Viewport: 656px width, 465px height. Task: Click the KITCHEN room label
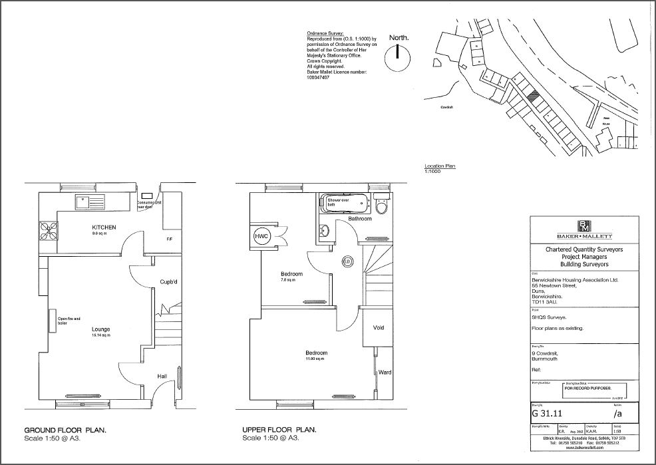tap(104, 228)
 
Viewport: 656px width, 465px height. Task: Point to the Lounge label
tap(101, 329)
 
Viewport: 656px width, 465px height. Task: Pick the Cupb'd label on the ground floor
tap(168, 282)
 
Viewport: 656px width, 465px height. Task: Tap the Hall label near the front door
tap(162, 377)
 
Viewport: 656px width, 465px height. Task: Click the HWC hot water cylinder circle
tap(260, 237)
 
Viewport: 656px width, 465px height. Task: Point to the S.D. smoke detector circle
tap(347, 261)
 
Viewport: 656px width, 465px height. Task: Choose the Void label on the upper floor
tap(379, 328)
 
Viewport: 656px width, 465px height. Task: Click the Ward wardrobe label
tap(385, 373)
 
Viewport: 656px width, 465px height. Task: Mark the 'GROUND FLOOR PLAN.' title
tap(65, 430)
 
